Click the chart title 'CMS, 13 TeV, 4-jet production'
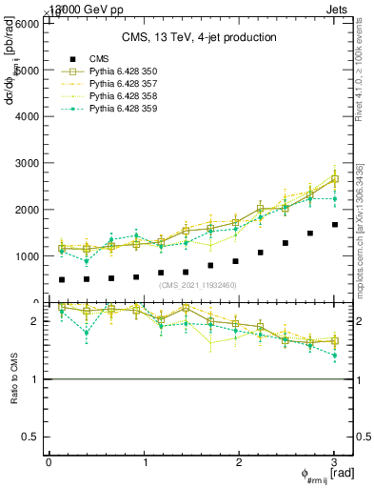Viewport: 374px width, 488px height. click(x=199, y=37)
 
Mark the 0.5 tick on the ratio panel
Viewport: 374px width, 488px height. click(x=35, y=437)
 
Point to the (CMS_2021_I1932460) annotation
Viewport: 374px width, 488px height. click(x=198, y=285)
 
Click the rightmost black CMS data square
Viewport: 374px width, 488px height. click(x=334, y=225)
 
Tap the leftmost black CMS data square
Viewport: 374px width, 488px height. click(x=62, y=280)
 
